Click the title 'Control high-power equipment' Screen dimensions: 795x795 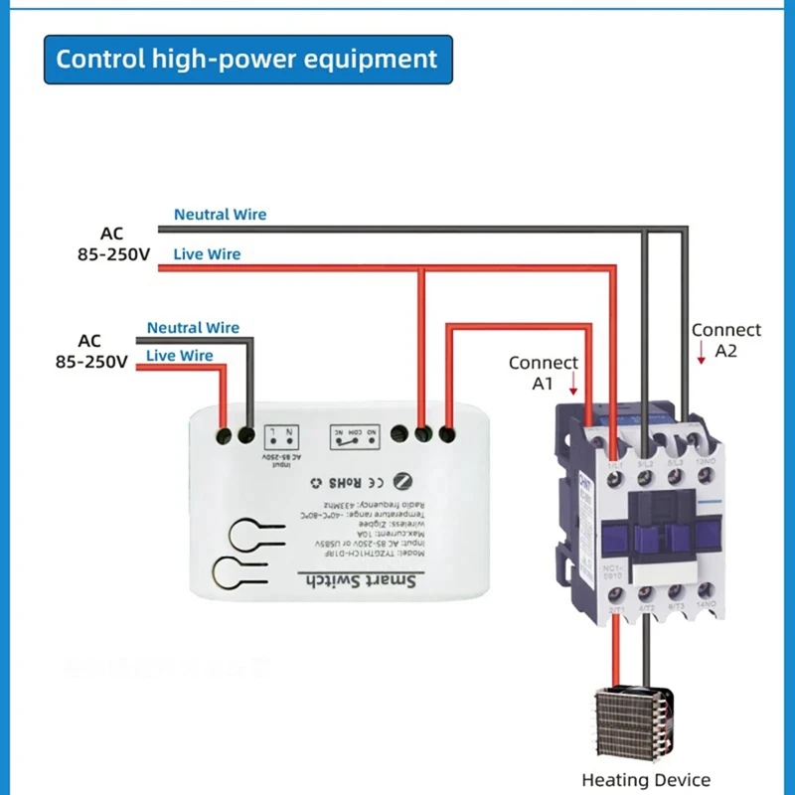246,59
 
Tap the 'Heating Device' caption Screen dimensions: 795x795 646,779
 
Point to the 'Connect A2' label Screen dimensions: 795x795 726,340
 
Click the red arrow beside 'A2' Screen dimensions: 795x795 702,352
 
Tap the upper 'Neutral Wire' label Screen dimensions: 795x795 220,215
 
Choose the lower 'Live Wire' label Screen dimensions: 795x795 180,355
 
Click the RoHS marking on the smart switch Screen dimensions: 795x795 340,483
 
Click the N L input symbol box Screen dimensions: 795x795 283,438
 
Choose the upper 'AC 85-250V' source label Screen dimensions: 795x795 112,244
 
